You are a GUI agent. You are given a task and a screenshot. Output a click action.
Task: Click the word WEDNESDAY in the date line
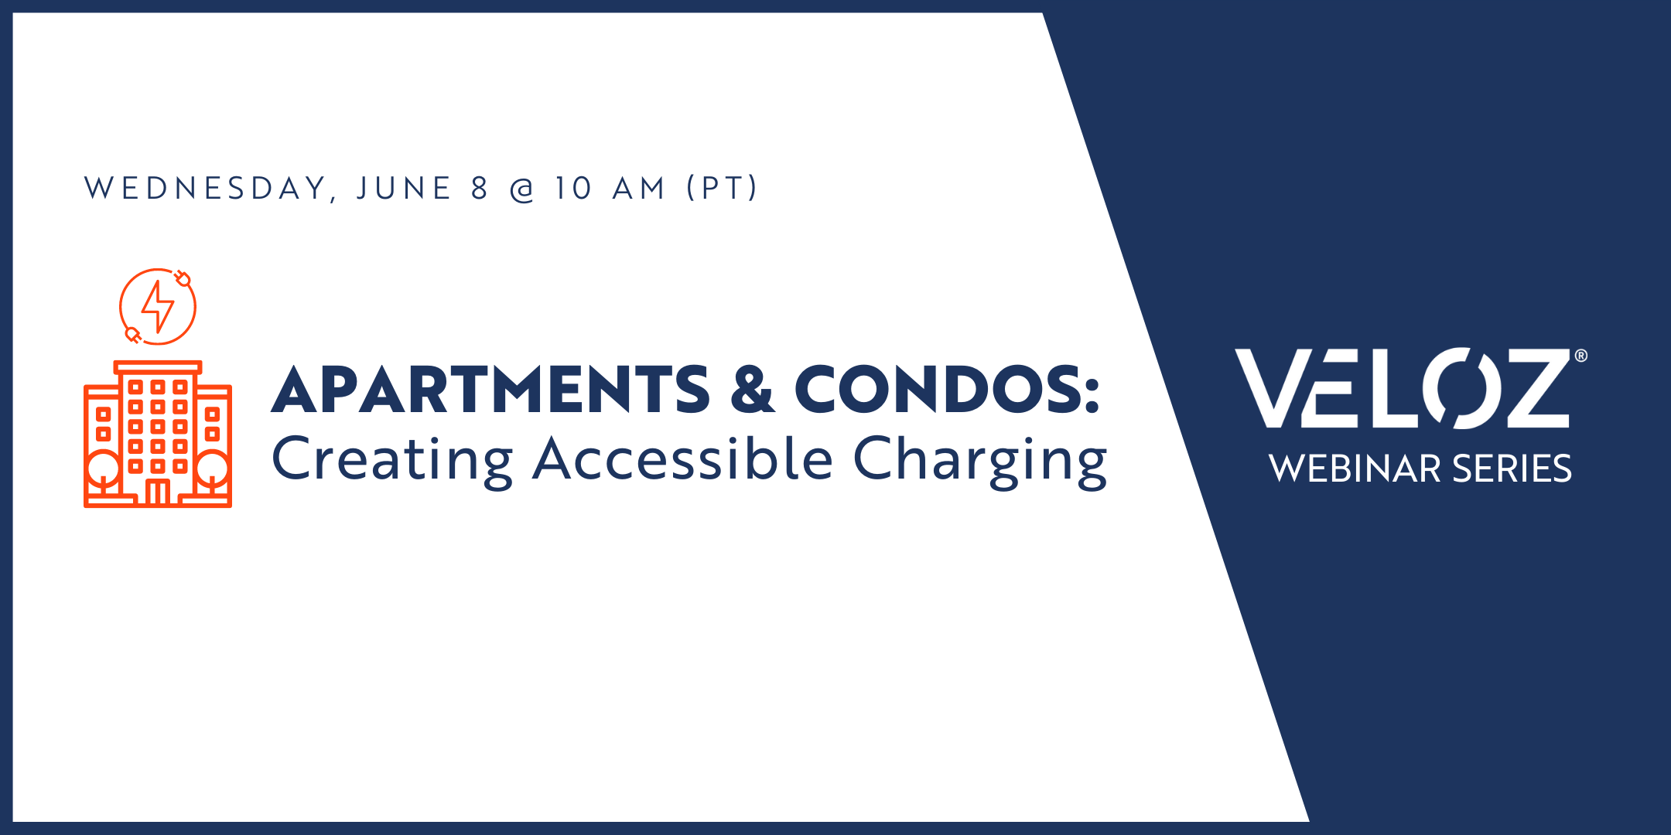[205, 189]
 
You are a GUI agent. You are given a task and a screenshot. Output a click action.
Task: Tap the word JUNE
[404, 189]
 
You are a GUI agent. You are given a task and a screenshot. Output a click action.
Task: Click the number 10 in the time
[573, 189]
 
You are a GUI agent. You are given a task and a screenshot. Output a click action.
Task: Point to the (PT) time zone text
[723, 189]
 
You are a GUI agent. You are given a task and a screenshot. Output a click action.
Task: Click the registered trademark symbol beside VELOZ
[1581, 356]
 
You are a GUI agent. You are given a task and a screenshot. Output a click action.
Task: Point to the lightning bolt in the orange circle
[158, 306]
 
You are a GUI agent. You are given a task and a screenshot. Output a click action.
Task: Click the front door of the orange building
[158, 492]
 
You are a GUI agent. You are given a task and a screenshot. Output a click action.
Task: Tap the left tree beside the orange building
[103, 472]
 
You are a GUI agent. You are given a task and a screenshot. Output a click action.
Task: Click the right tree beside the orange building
[213, 472]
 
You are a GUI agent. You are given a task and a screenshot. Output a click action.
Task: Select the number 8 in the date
[480, 189]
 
